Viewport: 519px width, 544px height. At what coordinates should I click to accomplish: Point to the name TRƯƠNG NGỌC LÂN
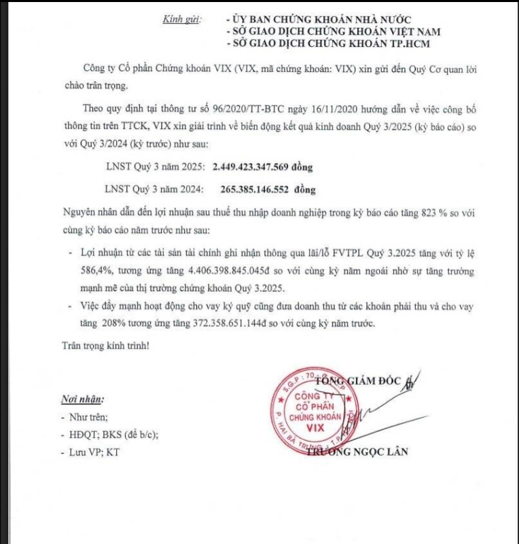pyautogui.click(x=357, y=452)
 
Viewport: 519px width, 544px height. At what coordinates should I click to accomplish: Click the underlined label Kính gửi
pyautogui.click(x=181, y=20)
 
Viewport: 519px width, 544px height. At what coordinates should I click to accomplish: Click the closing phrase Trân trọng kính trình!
pyautogui.click(x=102, y=346)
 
